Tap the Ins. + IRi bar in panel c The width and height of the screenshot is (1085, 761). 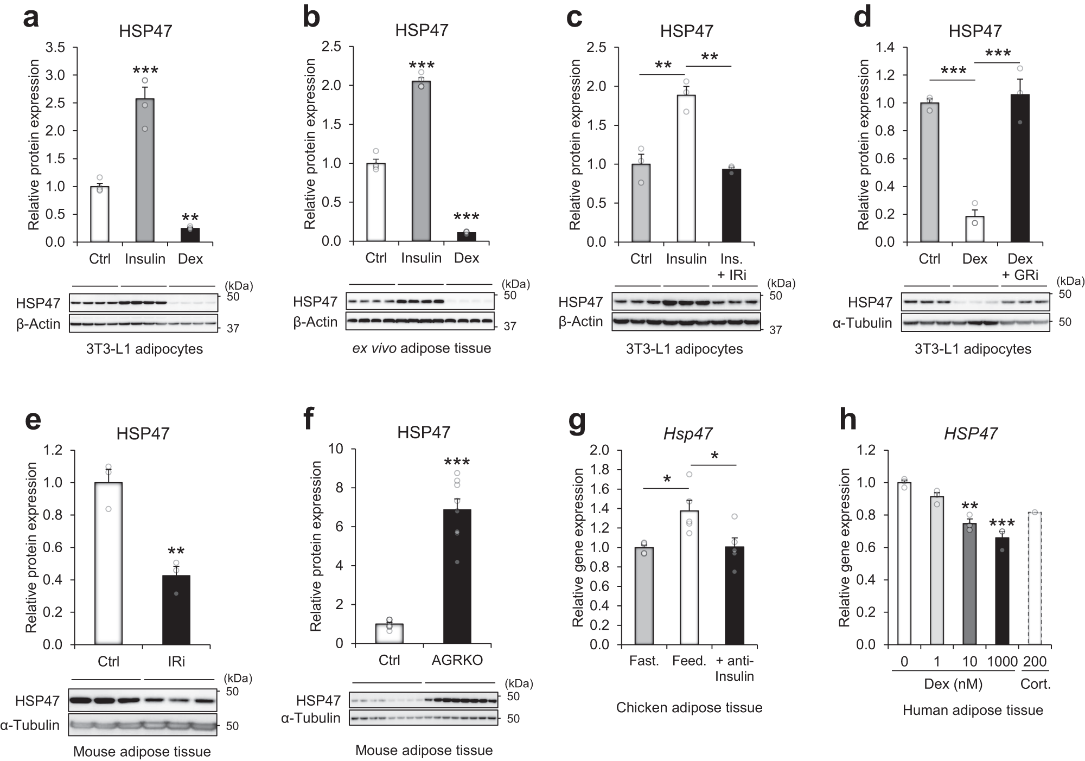pyautogui.click(x=731, y=206)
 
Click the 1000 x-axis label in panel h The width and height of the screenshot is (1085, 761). pyautogui.click(x=1002, y=662)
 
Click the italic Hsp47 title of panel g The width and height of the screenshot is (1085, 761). pyautogui.click(x=688, y=433)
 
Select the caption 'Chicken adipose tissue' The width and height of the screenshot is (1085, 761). pyautogui.click(x=689, y=707)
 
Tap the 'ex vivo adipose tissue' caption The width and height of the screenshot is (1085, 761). pyautogui.click(x=422, y=348)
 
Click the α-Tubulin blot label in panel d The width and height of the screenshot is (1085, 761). pyautogui.click(x=862, y=323)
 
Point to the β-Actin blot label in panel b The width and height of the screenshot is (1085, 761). pyautogui.click(x=315, y=322)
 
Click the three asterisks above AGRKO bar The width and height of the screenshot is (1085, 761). pyautogui.click(x=457, y=462)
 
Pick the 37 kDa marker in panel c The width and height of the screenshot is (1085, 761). pyautogui.click(x=776, y=330)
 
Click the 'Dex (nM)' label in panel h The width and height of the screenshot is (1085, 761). pyautogui.click(x=953, y=684)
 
